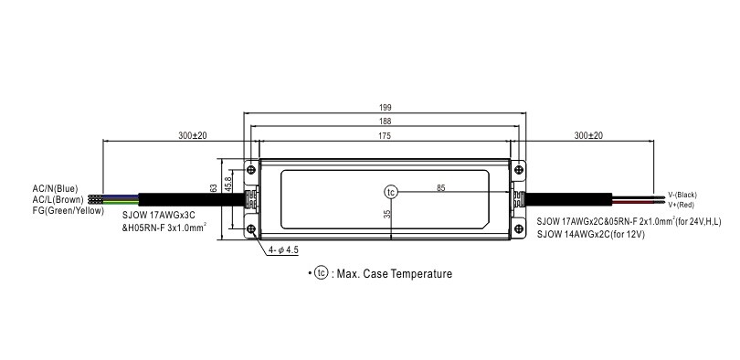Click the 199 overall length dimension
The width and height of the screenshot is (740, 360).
coord(386,108)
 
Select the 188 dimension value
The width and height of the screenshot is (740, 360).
coord(386,122)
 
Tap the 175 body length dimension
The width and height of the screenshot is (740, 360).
coord(384,136)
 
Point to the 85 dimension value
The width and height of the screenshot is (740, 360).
coord(440,188)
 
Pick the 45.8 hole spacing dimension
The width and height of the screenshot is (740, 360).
coord(228,185)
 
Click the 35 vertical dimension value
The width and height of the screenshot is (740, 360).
coord(387,214)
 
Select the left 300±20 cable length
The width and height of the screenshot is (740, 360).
coord(193,136)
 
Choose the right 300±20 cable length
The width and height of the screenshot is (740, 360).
coord(588,136)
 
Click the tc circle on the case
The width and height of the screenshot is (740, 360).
coord(391,192)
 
